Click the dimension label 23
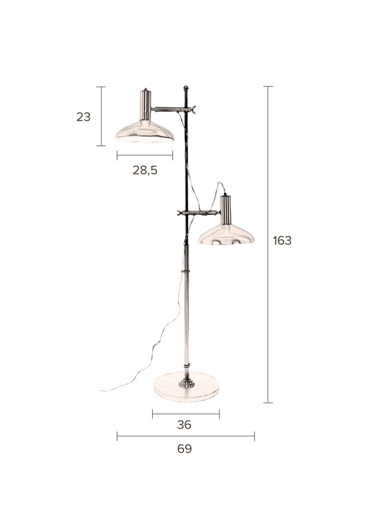pyautogui.click(x=83, y=117)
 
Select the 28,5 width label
pyautogui.click(x=145, y=170)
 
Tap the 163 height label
pyautogui.click(x=282, y=240)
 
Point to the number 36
pyautogui.click(x=185, y=425)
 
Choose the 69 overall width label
pyautogui.click(x=185, y=448)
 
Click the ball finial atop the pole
pyautogui.click(x=186, y=88)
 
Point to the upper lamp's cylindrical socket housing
pyautogui.click(x=145, y=104)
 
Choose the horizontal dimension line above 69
pyautogui.click(x=185, y=436)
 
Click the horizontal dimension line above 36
pyautogui.click(x=186, y=413)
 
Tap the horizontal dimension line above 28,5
pyautogui.click(x=145, y=155)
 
